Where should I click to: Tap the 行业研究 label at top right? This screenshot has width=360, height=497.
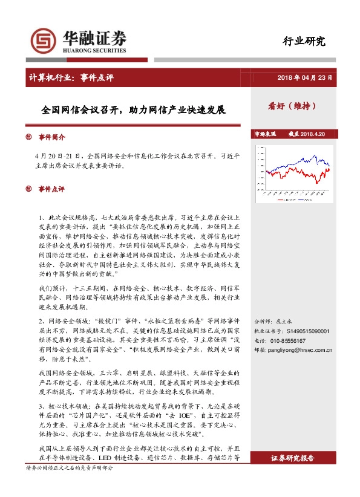tap(304, 41)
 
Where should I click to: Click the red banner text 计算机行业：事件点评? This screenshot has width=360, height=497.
tap(71, 77)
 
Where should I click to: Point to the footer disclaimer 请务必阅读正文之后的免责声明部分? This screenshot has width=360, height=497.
tap(70, 469)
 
